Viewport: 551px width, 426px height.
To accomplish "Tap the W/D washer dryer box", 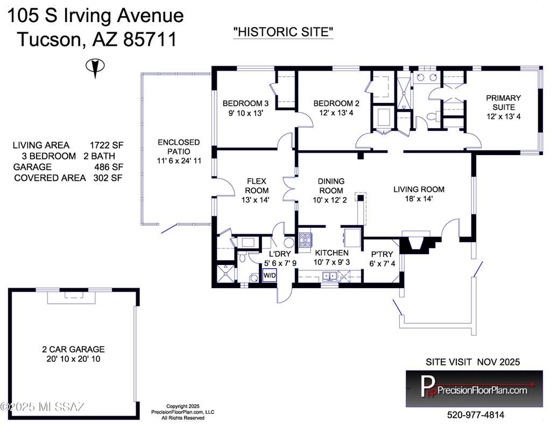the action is point(270,275).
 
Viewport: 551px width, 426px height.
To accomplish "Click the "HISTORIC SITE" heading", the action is point(283,32).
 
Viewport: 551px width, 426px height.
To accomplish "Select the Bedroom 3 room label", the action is point(245,103).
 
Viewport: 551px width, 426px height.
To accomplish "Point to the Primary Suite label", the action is point(503,102).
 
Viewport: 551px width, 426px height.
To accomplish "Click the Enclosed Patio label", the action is point(179,146).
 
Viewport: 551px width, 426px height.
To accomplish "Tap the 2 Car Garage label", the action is point(73,350).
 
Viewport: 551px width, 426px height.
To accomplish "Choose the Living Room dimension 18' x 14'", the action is point(419,199).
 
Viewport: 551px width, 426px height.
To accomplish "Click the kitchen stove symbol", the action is point(305,240).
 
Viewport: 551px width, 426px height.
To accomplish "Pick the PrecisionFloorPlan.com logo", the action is point(475,388).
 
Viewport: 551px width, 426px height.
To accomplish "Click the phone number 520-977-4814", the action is point(476,415).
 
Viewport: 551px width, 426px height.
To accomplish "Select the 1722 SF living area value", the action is point(107,145).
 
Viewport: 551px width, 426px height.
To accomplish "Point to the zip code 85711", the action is point(150,39).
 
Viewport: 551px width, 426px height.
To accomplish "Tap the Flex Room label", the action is point(256,186).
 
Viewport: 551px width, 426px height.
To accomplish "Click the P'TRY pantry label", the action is point(382,254).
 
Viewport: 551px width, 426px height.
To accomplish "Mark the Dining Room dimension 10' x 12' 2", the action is point(330,200).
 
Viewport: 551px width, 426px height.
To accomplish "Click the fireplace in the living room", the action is point(418,242).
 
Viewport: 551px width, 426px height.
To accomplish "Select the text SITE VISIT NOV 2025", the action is point(472,362).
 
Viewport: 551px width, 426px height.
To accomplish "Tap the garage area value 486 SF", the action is point(109,167).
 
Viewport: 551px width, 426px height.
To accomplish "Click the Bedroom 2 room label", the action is point(336,103).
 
